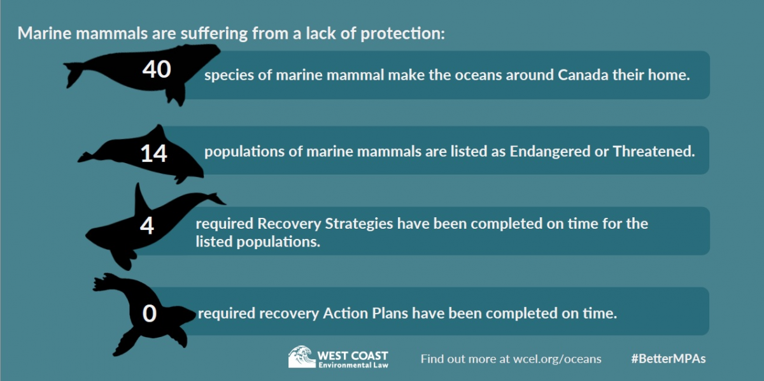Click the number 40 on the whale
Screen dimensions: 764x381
(x=157, y=69)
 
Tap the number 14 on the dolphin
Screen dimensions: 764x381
(x=154, y=154)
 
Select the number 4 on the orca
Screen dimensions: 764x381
(x=147, y=226)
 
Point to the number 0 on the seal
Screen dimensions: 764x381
(x=150, y=313)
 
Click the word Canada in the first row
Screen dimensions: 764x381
(x=583, y=75)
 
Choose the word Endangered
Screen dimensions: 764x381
(x=550, y=151)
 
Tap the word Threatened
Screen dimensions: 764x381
(x=654, y=151)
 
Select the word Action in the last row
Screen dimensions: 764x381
(x=346, y=313)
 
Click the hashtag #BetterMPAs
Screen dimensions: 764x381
(x=668, y=359)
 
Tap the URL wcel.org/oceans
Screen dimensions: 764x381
(x=557, y=359)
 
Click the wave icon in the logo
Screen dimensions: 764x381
(x=302, y=357)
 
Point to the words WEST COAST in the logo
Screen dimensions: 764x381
(x=353, y=356)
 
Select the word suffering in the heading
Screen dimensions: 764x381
(x=214, y=34)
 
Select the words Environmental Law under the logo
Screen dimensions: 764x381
(x=353, y=365)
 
